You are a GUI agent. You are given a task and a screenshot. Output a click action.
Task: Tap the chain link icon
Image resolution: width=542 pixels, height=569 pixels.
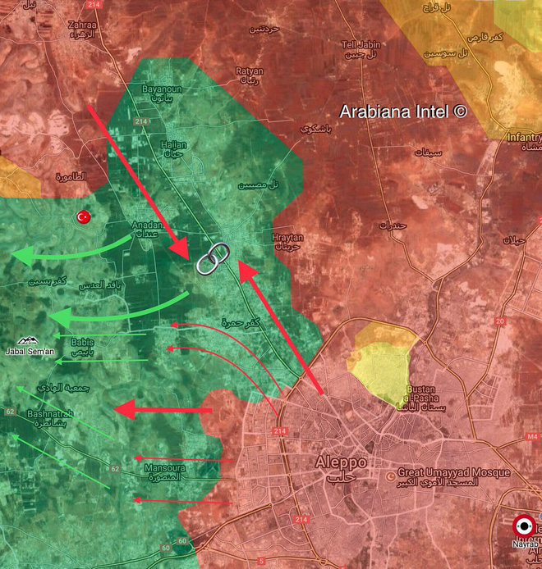(x=211, y=258)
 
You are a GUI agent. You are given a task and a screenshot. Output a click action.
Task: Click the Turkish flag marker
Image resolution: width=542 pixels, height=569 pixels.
(x=82, y=217)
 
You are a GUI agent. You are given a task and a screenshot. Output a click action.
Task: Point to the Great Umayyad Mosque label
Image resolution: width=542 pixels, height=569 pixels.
(x=453, y=473)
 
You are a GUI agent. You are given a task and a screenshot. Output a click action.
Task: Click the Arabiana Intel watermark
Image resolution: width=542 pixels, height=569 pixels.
(x=403, y=112)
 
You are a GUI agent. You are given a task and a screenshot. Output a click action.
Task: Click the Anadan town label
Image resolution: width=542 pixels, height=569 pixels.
(x=148, y=225)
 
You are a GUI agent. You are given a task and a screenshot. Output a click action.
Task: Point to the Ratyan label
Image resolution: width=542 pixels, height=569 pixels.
(x=249, y=71)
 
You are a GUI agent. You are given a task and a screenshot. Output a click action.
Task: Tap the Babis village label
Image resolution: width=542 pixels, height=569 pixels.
(x=83, y=342)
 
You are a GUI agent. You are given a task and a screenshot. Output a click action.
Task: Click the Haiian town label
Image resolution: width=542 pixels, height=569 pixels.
(x=173, y=144)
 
